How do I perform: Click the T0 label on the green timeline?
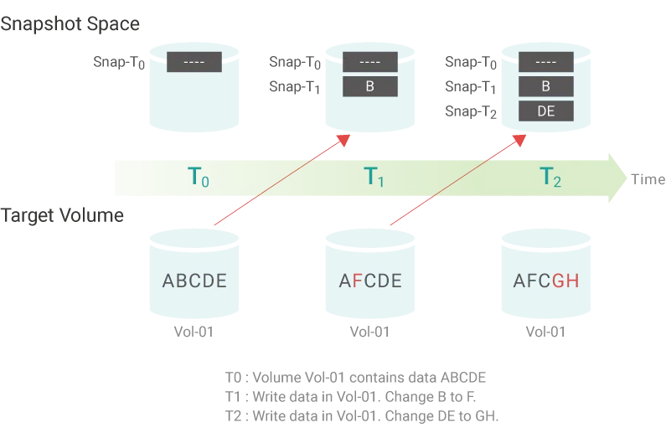(x=197, y=177)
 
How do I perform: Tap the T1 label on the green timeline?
(x=374, y=177)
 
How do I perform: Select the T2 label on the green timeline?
(x=550, y=177)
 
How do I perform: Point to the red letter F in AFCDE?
(x=356, y=281)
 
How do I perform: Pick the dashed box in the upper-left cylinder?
(x=194, y=62)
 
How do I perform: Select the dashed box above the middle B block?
(x=370, y=62)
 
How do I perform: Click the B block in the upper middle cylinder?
(x=370, y=86)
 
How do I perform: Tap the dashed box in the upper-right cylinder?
(x=546, y=62)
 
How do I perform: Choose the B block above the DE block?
(x=546, y=86)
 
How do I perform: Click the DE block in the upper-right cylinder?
(x=546, y=111)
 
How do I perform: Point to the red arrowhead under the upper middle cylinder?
(x=343, y=137)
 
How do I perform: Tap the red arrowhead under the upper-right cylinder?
(x=519, y=137)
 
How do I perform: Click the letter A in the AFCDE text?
(x=343, y=281)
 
